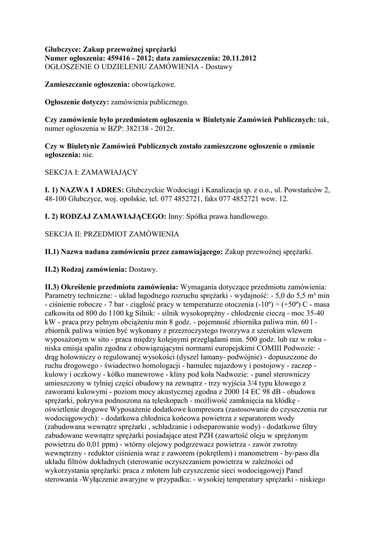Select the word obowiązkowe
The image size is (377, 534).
pyautogui.click(x=153, y=84)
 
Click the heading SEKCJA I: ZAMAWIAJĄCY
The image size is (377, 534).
pyautogui.click(x=91, y=171)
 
